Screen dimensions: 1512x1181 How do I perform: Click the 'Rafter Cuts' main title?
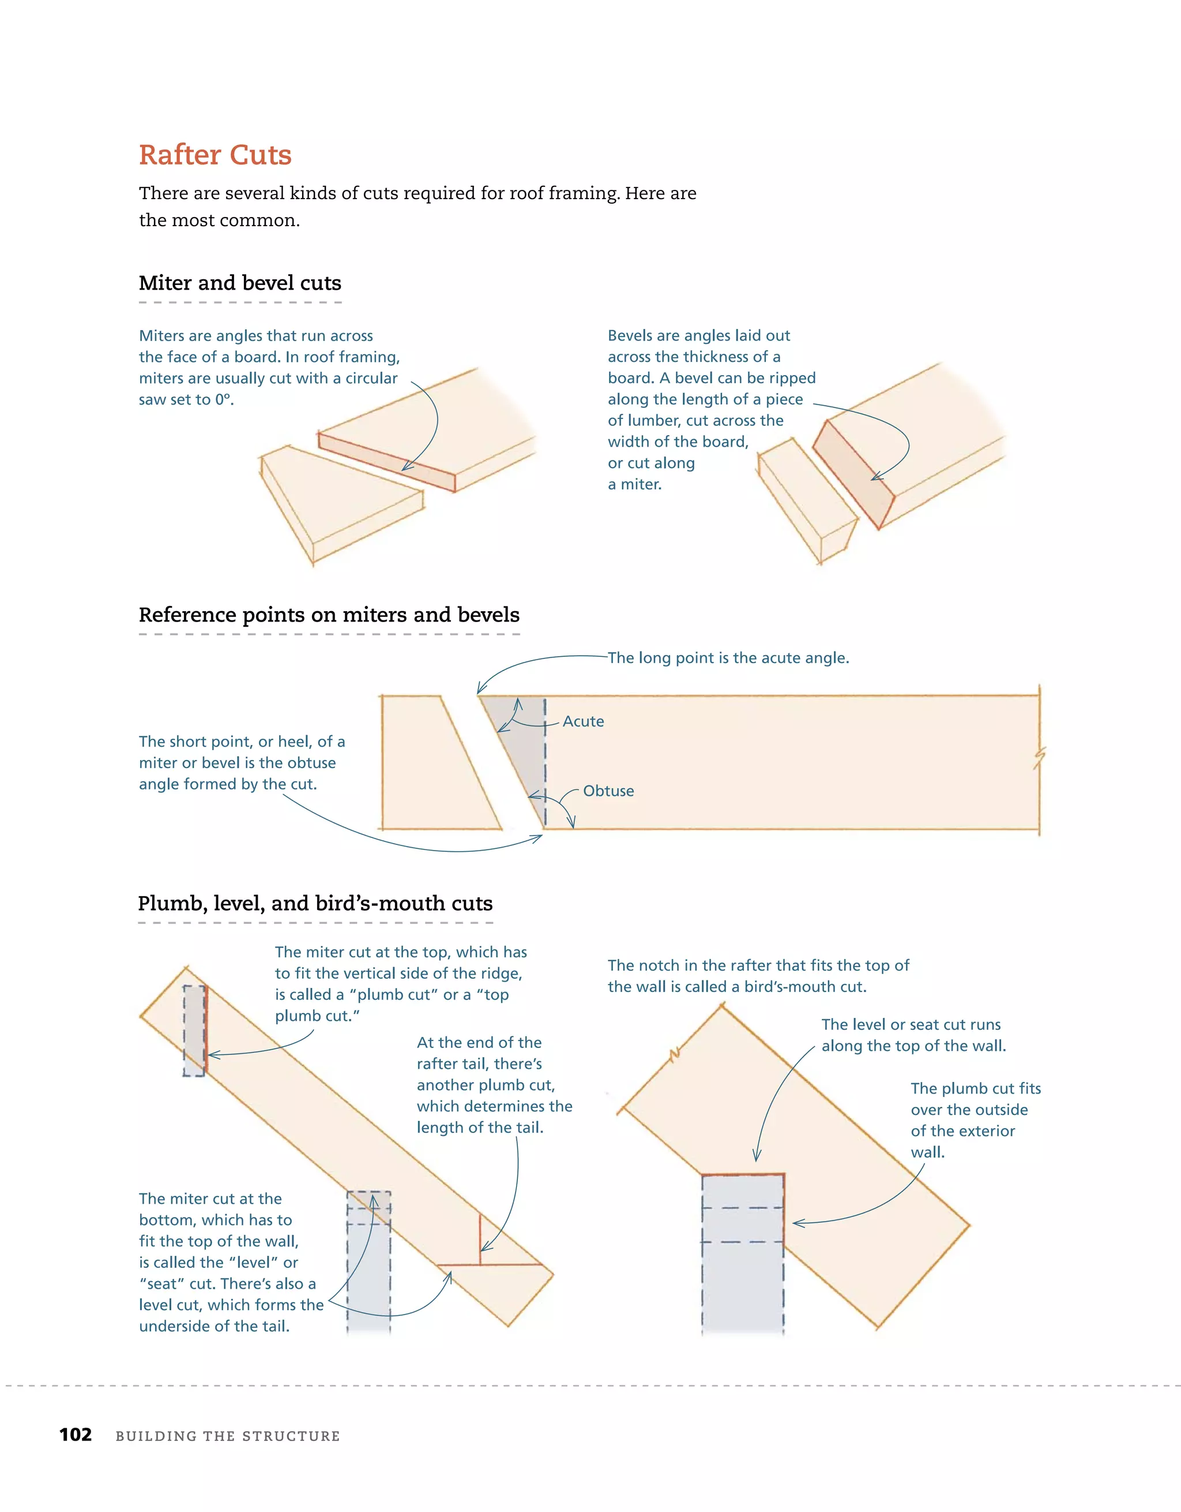click(x=215, y=155)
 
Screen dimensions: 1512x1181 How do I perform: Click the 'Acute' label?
click(x=582, y=721)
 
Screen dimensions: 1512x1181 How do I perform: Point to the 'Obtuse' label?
click(x=608, y=791)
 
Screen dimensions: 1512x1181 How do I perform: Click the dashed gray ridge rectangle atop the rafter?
click(x=194, y=1030)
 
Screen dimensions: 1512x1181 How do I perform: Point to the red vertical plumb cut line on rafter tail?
click(x=480, y=1238)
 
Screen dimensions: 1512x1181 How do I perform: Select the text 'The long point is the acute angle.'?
click(x=728, y=658)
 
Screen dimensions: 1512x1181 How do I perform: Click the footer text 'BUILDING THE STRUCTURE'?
click(x=228, y=1436)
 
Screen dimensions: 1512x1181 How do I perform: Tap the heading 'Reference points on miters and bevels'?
click(x=329, y=615)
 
